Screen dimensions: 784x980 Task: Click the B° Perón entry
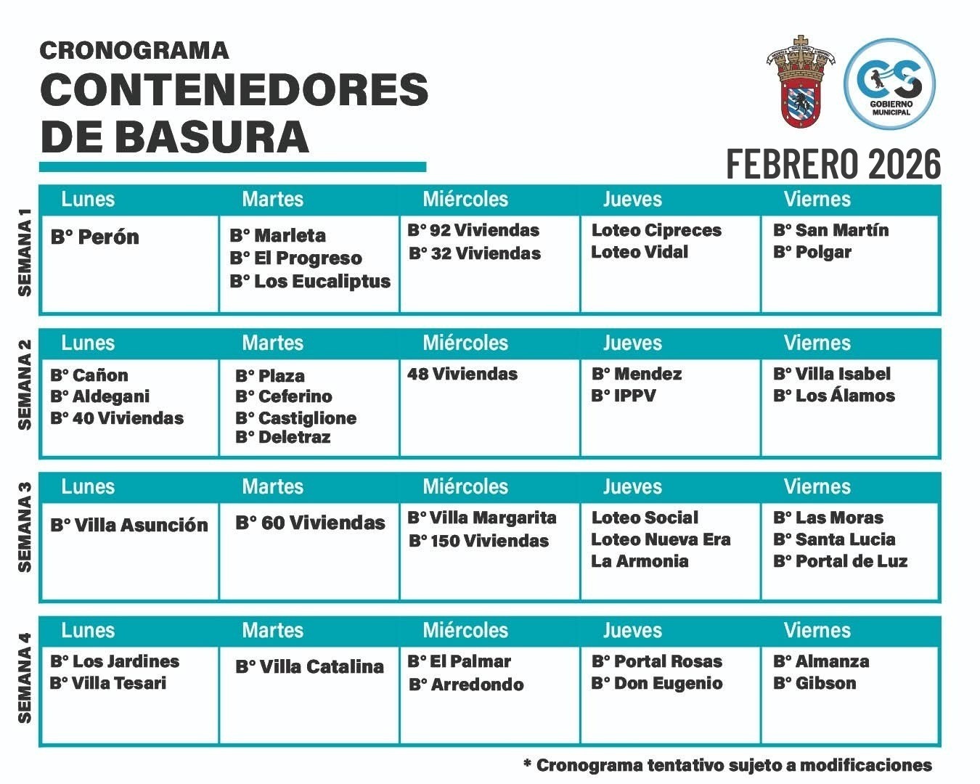pos(94,237)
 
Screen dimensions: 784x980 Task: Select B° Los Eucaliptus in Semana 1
pos(310,282)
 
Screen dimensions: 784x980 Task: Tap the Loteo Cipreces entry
pos(656,230)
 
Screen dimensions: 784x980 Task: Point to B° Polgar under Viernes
pos(812,253)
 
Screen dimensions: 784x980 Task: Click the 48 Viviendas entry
pos(462,375)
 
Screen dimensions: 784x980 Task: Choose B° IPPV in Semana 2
pos(624,396)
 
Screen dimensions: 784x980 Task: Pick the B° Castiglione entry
pos(295,418)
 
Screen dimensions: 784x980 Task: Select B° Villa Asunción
pos(129,525)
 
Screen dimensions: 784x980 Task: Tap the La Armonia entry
pos(640,561)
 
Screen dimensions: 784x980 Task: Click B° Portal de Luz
pos(840,561)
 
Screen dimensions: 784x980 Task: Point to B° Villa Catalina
pos(309,667)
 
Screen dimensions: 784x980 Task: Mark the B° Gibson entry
pos(814,683)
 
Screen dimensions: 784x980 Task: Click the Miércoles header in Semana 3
pos(465,486)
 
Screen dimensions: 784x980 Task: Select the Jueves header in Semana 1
pos(632,199)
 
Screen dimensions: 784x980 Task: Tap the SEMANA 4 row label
pos(25,678)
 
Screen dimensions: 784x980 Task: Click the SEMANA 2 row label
pos(25,384)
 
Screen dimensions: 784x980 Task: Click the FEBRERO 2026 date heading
pos(833,164)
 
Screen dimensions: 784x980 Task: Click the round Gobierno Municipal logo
pos(890,84)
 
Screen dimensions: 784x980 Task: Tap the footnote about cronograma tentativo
pos(727,765)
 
